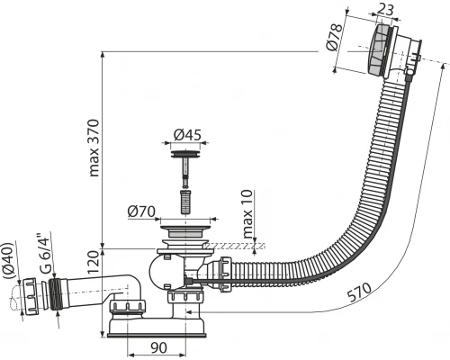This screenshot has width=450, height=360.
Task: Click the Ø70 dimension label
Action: pyautogui.click(x=141, y=212)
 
